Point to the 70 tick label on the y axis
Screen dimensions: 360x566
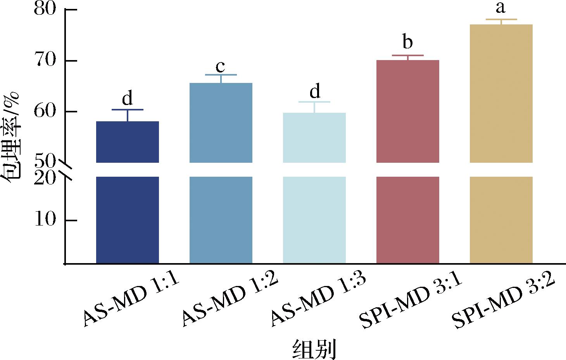(x=46, y=61)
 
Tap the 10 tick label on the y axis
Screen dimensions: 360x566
(x=46, y=220)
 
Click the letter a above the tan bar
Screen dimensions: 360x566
(x=501, y=8)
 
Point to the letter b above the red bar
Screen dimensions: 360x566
(x=407, y=42)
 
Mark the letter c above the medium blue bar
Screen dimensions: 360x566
(x=220, y=67)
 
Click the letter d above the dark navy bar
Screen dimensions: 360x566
(x=127, y=98)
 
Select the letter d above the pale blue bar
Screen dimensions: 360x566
(x=314, y=91)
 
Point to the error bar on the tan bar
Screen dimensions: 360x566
(x=501, y=22)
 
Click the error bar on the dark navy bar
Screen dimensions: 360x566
(x=127, y=115)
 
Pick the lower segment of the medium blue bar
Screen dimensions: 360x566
(x=221, y=220)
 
